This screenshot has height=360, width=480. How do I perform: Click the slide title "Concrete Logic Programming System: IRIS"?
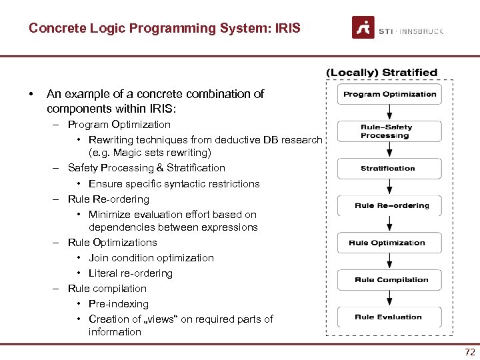tap(165, 29)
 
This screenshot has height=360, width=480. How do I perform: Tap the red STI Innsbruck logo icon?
tap(363, 28)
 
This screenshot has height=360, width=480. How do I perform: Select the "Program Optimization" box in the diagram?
tap(389, 95)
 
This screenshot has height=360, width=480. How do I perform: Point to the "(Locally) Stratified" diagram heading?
tap(381, 72)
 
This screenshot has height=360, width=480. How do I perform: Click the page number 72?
tap(469, 351)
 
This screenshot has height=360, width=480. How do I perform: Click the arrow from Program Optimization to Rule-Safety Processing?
tap(389, 113)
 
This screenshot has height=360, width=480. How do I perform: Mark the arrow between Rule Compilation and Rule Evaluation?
tap(389, 299)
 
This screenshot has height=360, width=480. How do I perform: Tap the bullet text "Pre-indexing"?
tap(119, 304)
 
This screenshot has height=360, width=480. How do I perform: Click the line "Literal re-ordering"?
tap(131, 273)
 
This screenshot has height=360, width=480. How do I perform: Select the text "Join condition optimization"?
tap(151, 258)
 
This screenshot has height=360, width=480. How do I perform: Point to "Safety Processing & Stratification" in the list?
tap(147, 168)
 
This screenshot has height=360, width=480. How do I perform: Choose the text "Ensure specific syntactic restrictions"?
tap(174, 184)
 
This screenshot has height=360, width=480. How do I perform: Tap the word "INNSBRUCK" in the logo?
tap(422, 31)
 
